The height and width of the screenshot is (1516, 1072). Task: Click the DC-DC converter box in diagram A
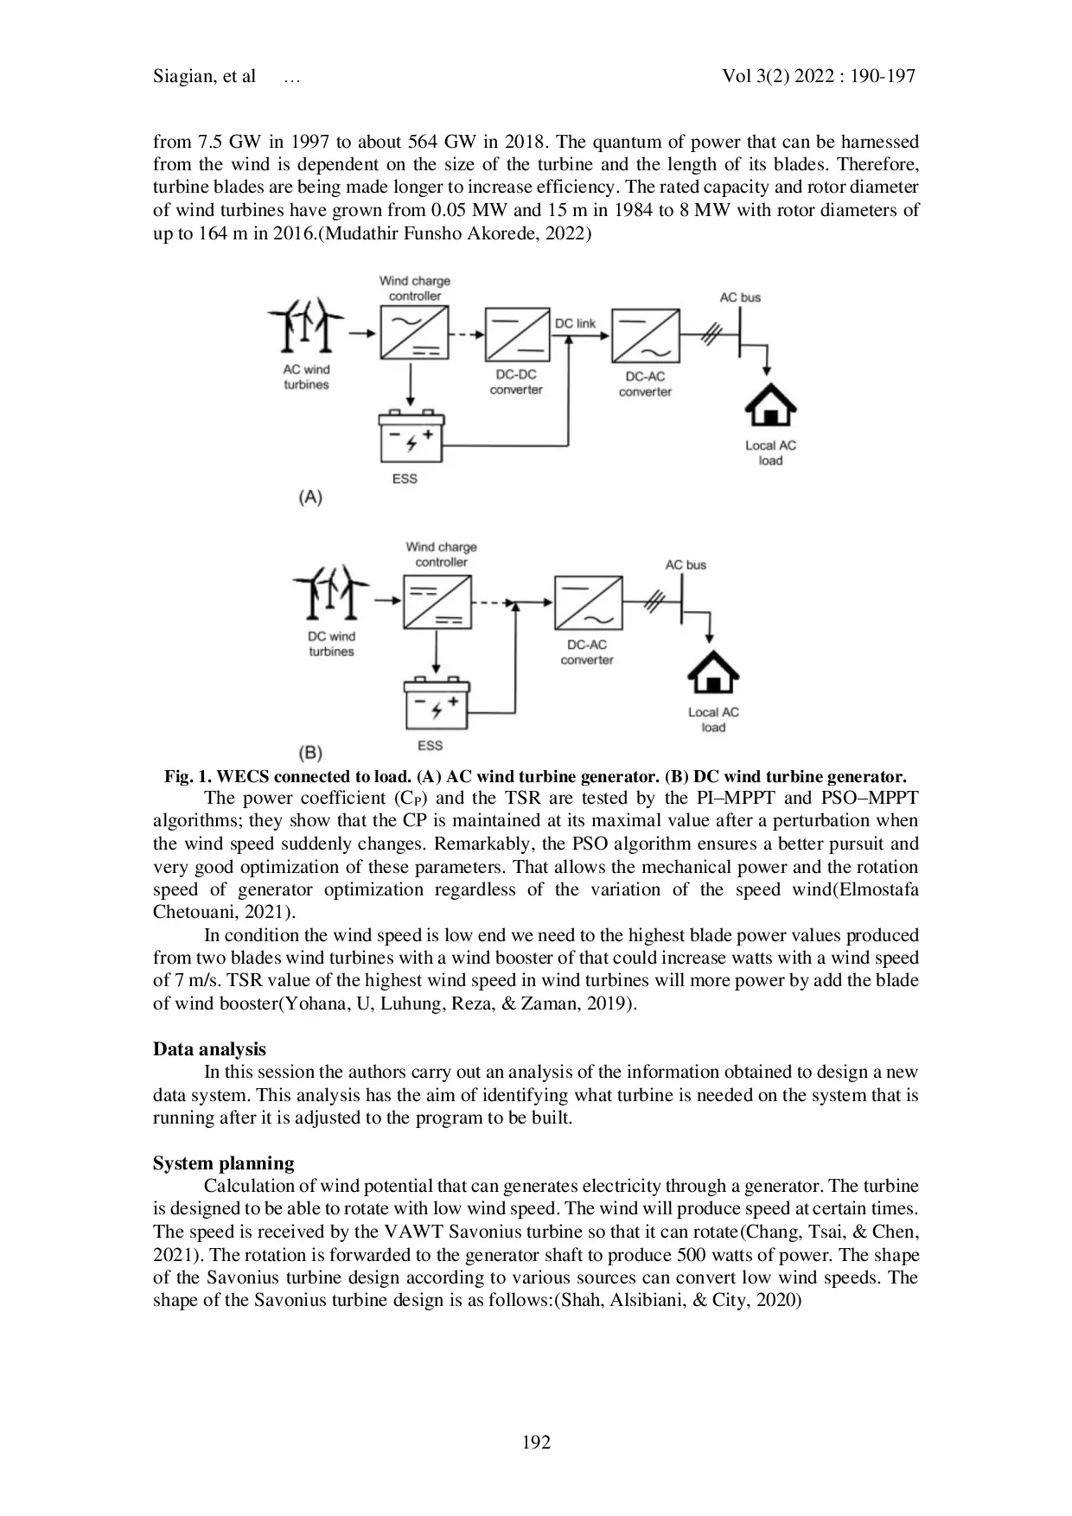tap(517, 334)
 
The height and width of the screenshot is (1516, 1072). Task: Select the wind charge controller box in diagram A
tap(414, 334)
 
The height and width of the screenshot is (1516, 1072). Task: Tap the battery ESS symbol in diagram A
tap(411, 438)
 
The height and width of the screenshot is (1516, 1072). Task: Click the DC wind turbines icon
tap(331, 593)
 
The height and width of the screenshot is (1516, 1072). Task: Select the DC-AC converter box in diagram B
tap(588, 602)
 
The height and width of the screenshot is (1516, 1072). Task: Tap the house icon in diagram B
tap(712, 672)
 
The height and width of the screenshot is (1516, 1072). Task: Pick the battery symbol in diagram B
tap(437, 705)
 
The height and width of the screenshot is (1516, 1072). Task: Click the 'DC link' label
tap(575, 323)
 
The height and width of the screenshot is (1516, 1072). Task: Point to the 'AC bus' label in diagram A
tap(740, 297)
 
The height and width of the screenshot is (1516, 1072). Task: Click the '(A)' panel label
tap(309, 497)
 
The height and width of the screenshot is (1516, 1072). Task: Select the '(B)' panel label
tap(309, 752)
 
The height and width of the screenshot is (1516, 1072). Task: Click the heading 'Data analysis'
tap(209, 1049)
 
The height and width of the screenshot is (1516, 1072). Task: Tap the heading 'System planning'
tap(223, 1162)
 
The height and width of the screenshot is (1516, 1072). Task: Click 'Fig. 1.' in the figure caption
tap(188, 776)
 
